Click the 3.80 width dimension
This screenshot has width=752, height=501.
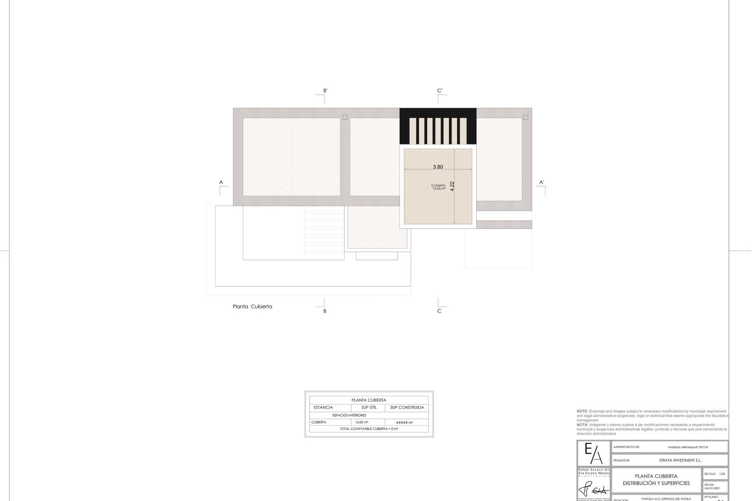pos(438,167)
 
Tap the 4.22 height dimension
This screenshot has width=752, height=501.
pos(452,186)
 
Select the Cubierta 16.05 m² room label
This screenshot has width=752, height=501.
pos(438,187)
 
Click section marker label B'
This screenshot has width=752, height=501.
pos(325,91)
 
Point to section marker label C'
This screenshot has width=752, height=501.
pos(440,91)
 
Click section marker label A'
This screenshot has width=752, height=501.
pos(542,182)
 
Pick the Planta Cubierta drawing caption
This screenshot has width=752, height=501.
pos(252,306)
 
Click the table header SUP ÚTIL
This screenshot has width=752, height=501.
pos(369,407)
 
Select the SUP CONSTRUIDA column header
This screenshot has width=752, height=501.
pos(407,407)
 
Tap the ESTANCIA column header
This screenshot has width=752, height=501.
pos(323,407)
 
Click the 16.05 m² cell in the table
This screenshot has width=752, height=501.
pos(362,422)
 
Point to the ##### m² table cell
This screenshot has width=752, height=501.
pos(405,423)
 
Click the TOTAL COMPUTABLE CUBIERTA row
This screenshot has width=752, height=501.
pos(369,429)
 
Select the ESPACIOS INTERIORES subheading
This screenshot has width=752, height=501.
pos(349,415)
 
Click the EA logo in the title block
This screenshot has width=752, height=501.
pos(593,453)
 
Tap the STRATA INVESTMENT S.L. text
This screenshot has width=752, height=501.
pos(680,460)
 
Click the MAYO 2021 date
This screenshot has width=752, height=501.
pos(712,488)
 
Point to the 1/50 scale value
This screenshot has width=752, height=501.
pos(722,474)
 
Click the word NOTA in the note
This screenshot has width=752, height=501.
pos(582,425)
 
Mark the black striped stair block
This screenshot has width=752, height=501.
pos(438,126)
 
